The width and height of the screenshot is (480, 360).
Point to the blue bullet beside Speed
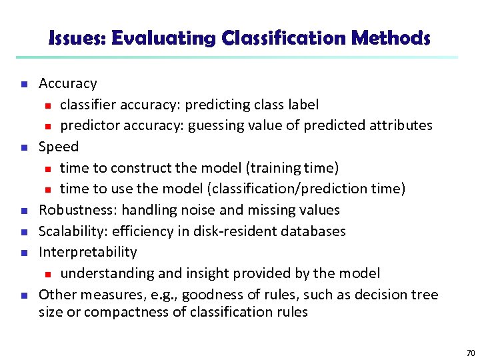[x=23, y=147]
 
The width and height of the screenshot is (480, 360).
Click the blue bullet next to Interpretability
[x=23, y=253]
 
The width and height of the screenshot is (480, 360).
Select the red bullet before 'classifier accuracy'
[x=47, y=105]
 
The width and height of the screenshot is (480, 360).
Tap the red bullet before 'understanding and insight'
[x=47, y=274]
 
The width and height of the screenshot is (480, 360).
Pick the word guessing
[x=215, y=125]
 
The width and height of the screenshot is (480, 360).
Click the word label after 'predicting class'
[x=302, y=105]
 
